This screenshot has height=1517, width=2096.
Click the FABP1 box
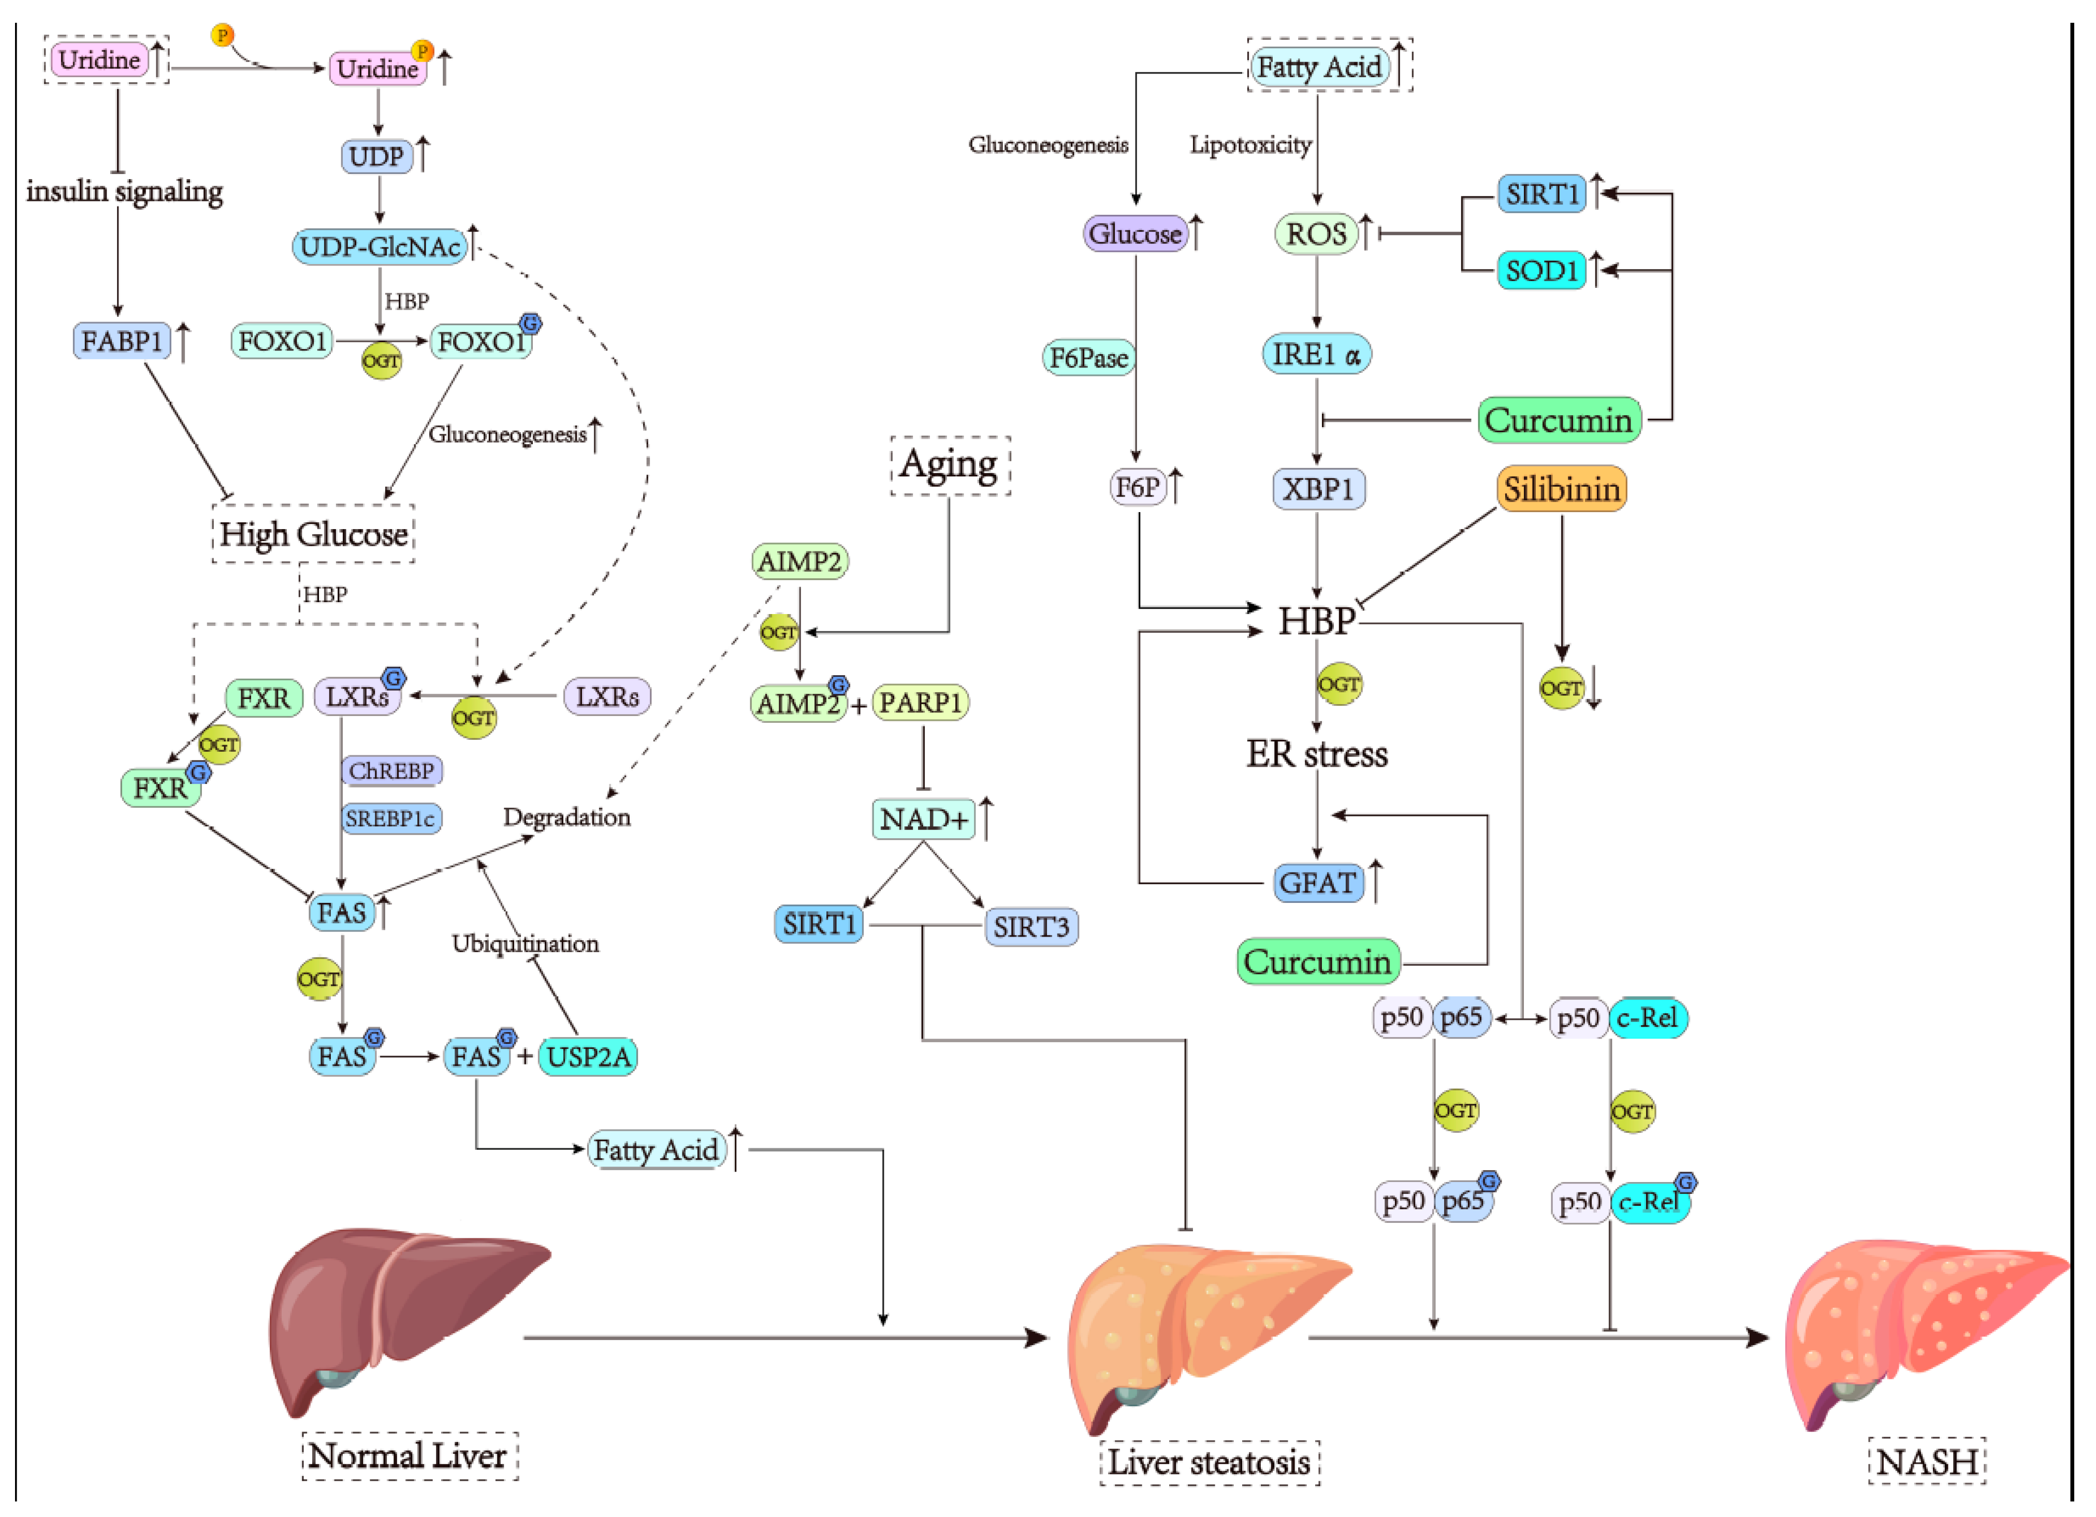[x=122, y=341]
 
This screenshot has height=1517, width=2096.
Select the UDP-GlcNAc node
[x=380, y=246]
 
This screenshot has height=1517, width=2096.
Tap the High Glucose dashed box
[x=313, y=534]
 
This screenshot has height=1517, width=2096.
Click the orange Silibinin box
[x=1561, y=489]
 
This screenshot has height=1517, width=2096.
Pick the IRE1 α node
[x=1316, y=354]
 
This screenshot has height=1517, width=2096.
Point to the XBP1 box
[x=1318, y=489]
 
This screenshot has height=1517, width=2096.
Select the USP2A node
[x=588, y=1056]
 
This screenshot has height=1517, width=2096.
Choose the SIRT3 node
[x=1030, y=926]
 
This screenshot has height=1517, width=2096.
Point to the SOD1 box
[x=1540, y=271]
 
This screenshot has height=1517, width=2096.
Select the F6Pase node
[x=1089, y=358]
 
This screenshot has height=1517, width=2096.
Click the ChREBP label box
[x=391, y=770]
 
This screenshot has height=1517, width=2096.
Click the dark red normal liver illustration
[x=397, y=1312]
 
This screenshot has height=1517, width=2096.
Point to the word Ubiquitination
[x=525, y=943]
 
